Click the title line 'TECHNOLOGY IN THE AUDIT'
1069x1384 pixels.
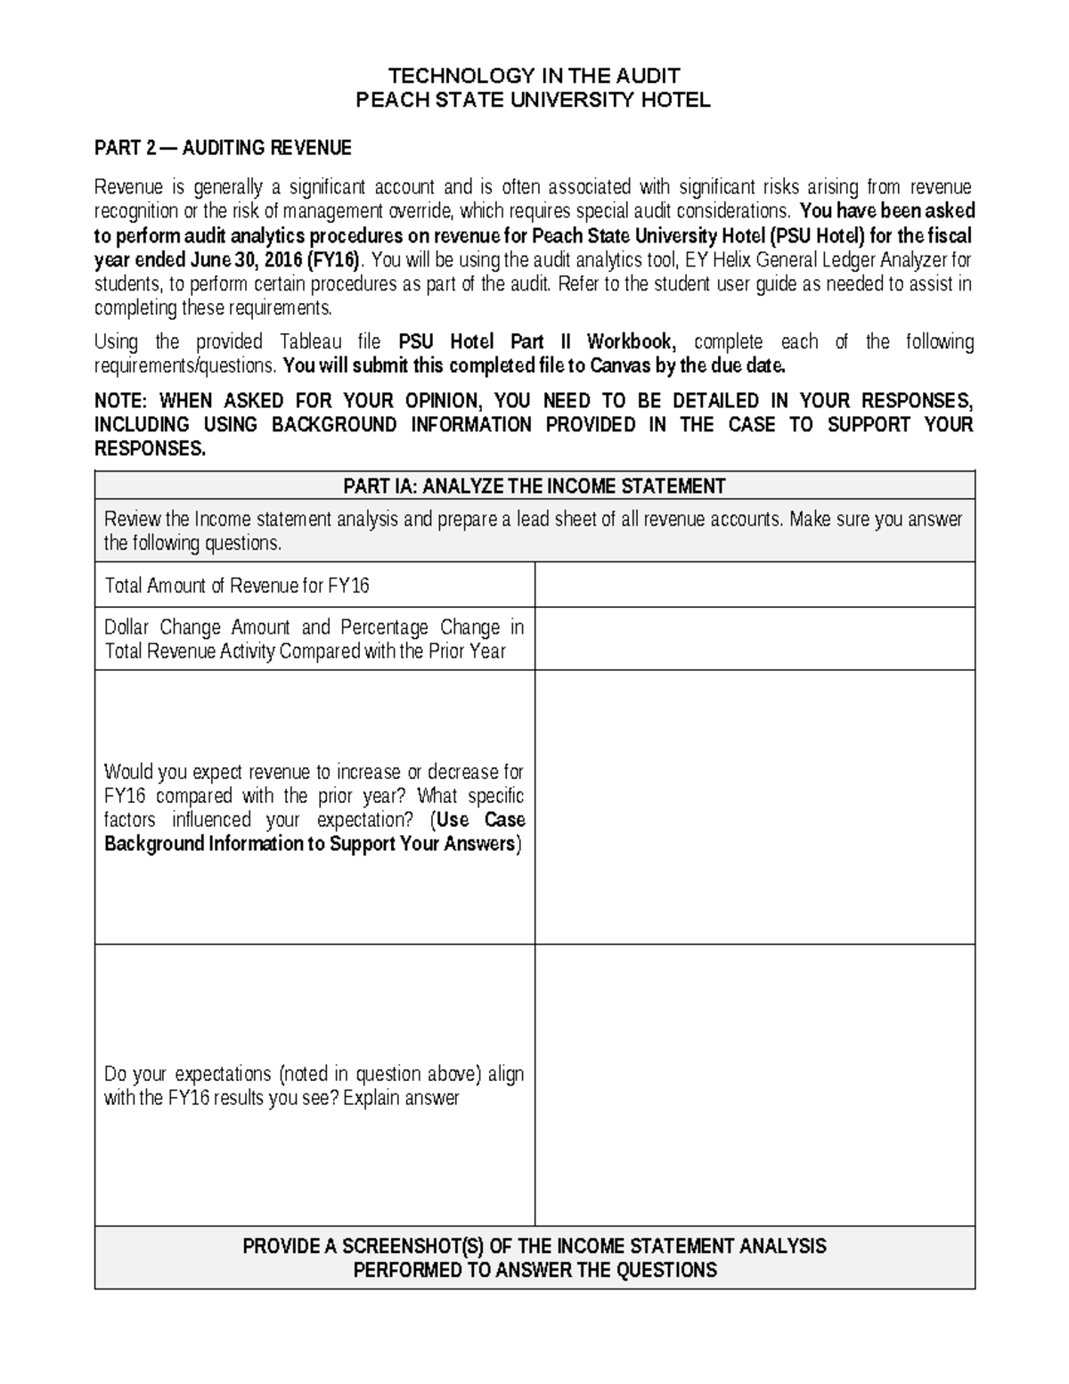534,75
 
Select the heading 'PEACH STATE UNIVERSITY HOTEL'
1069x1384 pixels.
534,100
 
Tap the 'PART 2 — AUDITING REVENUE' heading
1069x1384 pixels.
223,147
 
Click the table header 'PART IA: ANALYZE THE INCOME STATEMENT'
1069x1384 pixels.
534,486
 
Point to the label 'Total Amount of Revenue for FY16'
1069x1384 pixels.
237,586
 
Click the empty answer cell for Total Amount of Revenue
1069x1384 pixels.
755,586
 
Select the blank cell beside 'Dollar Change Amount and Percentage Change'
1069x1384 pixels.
755,639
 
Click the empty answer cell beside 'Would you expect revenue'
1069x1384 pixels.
755,807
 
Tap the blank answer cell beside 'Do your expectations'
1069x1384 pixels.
755,1085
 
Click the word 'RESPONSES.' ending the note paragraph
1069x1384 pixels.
150,449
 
